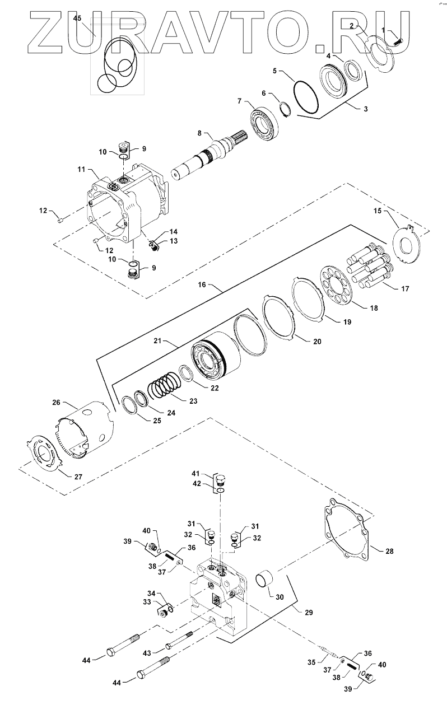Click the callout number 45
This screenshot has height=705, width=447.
(x=77, y=18)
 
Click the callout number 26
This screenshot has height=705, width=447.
(x=56, y=403)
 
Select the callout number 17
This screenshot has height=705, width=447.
(x=405, y=288)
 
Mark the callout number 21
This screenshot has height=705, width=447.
(x=157, y=341)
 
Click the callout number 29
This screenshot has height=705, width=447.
(x=309, y=613)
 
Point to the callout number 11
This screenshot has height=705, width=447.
(x=81, y=169)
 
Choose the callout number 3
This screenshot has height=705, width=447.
(x=365, y=109)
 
